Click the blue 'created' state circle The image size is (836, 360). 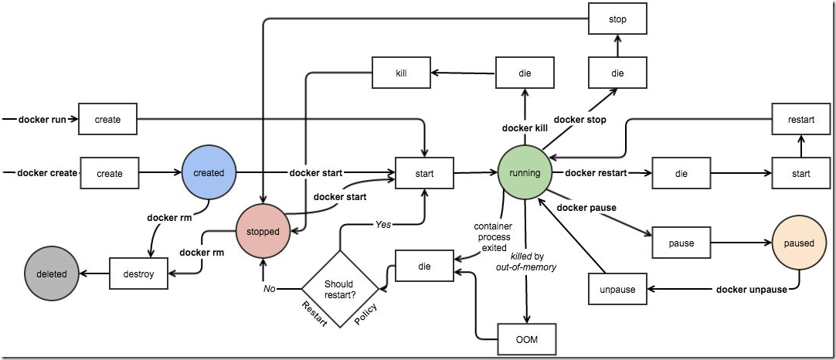pos(209,173)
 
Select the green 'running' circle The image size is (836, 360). pos(525,173)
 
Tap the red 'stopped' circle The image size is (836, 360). pos(263,230)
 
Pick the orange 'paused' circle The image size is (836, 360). pos(799,243)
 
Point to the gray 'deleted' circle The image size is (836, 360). pos(51,273)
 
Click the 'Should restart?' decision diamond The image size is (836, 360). pos(339,289)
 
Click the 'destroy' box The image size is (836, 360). pos(139,273)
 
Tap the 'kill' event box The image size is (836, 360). pos(401,73)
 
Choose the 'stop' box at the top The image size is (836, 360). pos(617,19)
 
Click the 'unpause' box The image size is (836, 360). pos(617,290)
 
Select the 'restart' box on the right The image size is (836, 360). pos(800,120)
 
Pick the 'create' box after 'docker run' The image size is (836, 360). pos(110,120)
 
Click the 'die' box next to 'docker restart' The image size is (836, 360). pos(681,174)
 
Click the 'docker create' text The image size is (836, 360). pos(46,173)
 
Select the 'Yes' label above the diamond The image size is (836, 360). pos(383,224)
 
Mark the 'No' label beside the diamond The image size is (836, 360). pos(269,289)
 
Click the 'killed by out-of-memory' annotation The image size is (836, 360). pos(528,260)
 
